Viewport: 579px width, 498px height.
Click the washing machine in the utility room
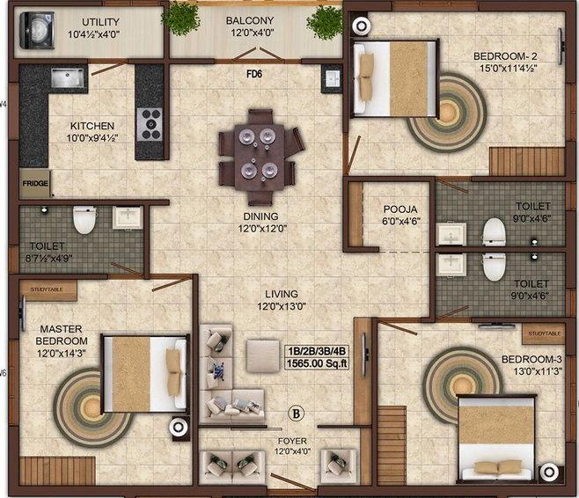click(37, 30)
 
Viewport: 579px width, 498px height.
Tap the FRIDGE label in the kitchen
click(35, 183)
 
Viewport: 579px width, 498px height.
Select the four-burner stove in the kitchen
click(150, 124)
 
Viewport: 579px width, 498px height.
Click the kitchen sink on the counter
click(67, 77)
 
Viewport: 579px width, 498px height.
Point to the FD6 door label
click(254, 74)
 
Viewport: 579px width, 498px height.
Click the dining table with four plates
click(260, 157)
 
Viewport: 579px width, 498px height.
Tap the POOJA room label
click(400, 209)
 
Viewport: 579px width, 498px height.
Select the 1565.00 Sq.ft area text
click(317, 363)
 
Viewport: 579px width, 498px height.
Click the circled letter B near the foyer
click(297, 413)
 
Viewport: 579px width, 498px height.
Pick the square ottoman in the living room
click(263, 355)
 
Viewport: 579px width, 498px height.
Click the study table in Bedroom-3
click(543, 333)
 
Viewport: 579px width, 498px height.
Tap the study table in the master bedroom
click(48, 289)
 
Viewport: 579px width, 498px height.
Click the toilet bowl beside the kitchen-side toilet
click(84, 220)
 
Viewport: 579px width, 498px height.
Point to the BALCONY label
click(250, 20)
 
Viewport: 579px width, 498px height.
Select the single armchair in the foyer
click(339, 465)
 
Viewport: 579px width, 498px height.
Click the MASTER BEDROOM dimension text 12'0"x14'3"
click(62, 354)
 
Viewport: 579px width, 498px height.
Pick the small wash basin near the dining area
click(333, 78)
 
